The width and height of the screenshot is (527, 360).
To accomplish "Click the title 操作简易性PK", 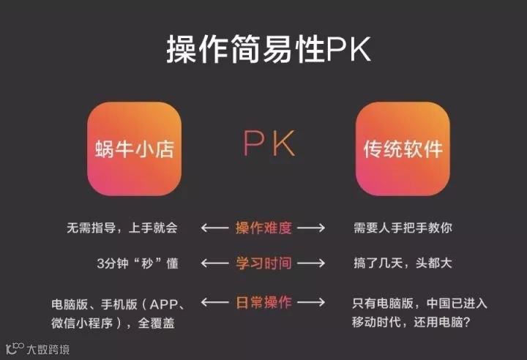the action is pos(269,50).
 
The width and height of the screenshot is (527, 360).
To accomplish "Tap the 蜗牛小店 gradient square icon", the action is pos(134,149).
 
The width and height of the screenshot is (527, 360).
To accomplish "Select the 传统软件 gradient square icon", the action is pos(403,149).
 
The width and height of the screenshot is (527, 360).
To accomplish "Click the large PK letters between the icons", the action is pos(269,145).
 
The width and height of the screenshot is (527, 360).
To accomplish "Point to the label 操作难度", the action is pos(263,228).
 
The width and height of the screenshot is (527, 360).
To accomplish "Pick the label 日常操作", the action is pos(263,301).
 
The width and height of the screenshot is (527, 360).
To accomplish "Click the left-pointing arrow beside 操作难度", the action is pos(214,228).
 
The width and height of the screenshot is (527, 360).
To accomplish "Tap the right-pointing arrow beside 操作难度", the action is pos(311,228).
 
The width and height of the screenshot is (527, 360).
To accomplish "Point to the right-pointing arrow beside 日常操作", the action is pos(311,302).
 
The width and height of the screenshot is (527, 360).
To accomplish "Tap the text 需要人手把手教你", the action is pos(402,228).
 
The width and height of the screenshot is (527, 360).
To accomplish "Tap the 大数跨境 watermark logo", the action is pos(38,349).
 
